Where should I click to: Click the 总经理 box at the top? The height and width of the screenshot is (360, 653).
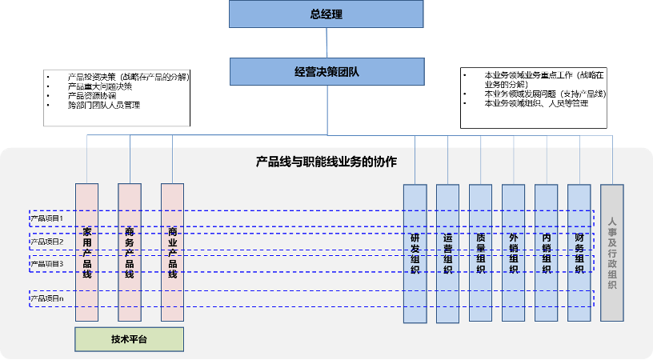(326, 14)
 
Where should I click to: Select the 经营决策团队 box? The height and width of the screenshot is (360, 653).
(326, 71)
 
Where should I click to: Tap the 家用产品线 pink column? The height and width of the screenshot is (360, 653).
(87, 253)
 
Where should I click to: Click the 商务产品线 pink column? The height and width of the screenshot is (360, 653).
(130, 253)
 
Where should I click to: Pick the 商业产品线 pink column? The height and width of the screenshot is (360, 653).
(172, 253)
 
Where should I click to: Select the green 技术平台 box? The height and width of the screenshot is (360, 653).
(129, 339)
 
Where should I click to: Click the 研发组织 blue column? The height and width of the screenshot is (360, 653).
(415, 254)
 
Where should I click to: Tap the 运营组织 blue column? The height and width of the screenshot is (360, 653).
(447, 254)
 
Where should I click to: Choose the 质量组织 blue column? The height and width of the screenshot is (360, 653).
(480, 254)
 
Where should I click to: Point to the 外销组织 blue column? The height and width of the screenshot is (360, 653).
(513, 254)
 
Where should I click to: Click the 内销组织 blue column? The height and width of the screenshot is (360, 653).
(546, 254)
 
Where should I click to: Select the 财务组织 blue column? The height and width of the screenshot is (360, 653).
(579, 254)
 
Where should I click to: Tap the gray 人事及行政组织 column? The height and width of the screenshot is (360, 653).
(611, 252)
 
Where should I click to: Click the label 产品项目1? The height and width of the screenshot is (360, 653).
(46, 218)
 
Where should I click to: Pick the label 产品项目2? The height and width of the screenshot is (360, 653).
(46, 241)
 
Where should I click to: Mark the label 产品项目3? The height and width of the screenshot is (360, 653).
(46, 263)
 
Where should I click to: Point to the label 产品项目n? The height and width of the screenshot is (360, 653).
(46, 298)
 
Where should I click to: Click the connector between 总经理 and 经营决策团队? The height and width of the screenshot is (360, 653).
(326, 42)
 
